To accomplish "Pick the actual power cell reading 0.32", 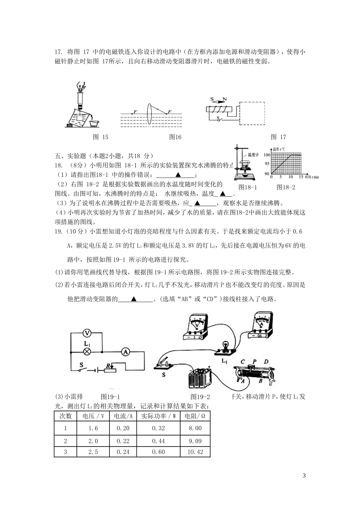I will pyautogui.click(x=158, y=428).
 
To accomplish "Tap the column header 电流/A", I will pyautogui.click(x=123, y=416).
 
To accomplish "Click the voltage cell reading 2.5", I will pyautogui.click(x=93, y=452).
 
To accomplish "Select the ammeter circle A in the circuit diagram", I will pyautogui.click(x=125, y=352).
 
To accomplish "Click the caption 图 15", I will pyautogui.click(x=100, y=137).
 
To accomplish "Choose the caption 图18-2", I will pyautogui.click(x=286, y=187).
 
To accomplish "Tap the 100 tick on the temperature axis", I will pyautogui.click(x=267, y=155).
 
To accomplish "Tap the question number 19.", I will pyautogui.click(x=59, y=232).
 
